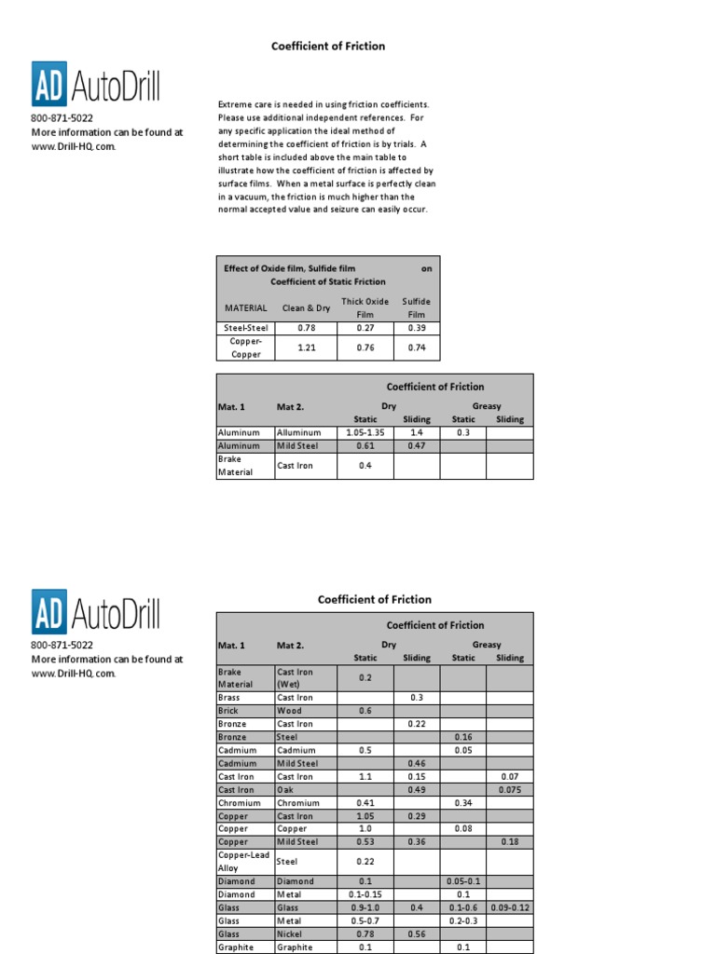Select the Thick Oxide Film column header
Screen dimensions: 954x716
point(365,307)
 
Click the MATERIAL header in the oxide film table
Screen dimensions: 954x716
point(246,308)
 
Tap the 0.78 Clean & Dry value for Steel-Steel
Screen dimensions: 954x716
point(307,328)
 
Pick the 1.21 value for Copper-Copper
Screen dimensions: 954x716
point(307,348)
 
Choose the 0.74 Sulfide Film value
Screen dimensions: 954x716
point(416,348)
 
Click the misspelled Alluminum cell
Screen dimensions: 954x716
point(298,432)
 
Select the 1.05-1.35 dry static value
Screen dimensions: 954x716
point(365,432)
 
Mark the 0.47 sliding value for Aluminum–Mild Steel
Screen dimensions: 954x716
point(416,446)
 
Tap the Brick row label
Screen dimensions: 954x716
point(228,711)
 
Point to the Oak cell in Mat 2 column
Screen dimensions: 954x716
point(285,789)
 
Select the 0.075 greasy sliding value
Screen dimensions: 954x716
point(509,789)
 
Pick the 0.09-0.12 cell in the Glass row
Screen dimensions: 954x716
point(509,907)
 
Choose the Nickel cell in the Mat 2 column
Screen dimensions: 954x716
point(290,934)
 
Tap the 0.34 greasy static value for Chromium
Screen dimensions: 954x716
point(463,802)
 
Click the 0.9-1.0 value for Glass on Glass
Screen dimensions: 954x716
point(365,907)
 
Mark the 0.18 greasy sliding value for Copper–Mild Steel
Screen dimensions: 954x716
point(509,841)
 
